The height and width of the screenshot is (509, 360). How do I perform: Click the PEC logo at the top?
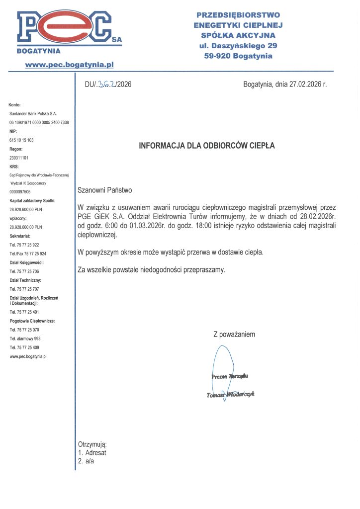coord(67,29)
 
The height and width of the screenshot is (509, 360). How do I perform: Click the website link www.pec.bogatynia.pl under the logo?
coord(70,64)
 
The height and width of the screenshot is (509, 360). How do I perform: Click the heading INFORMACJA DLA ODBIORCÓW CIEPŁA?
coord(206,146)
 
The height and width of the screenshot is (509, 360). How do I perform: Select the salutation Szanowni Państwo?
coord(105,190)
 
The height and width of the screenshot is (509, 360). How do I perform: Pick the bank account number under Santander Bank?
coord(39,122)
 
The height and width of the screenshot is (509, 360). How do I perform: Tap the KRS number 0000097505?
coord(20,191)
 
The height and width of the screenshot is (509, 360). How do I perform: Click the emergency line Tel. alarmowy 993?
coord(25,339)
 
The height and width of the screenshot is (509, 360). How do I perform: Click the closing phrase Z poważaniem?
coord(234,335)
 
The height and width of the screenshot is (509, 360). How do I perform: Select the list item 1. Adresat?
coord(92,453)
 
